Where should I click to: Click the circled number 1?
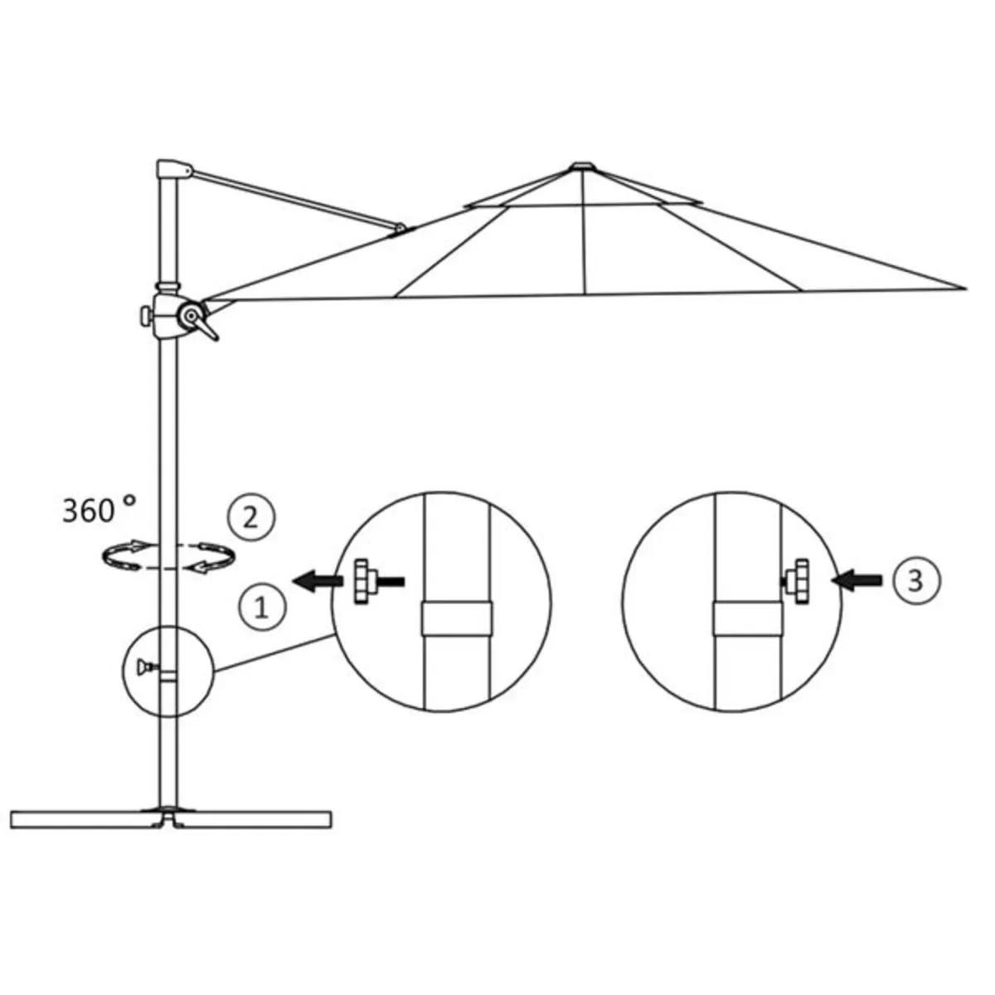coord(261,608)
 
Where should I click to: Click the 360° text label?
coord(98,509)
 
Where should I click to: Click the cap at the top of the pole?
coord(169,168)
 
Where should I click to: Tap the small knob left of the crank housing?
coord(146,316)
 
